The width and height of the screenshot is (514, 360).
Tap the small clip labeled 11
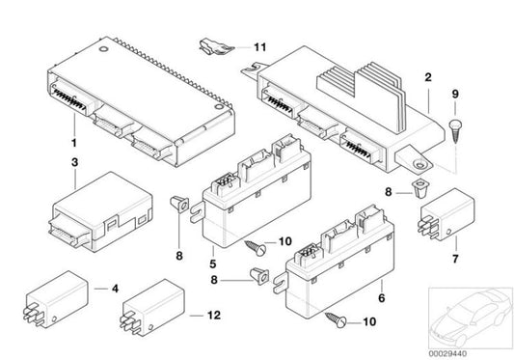[x=217, y=44]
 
